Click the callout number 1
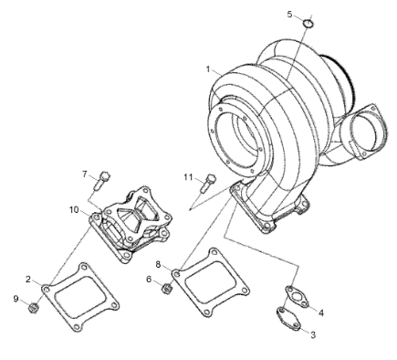pos(208,69)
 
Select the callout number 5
pos(289,15)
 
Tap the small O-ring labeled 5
pos(308,24)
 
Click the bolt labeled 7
pos(102,180)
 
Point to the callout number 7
pos(85,175)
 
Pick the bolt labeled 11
pos(208,183)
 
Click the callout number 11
pos(188,177)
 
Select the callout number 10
pos(74,210)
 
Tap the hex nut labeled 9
pos(33,308)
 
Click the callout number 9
pos(16,299)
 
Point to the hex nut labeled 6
pos(166,288)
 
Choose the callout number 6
pos(149,280)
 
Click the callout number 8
pos(158,264)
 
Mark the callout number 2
pos(28,280)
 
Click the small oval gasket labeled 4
pos(297,296)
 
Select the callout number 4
pos(321,312)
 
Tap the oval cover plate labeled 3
pos(288,319)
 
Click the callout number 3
pos(313,334)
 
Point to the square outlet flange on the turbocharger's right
pos(365,132)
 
